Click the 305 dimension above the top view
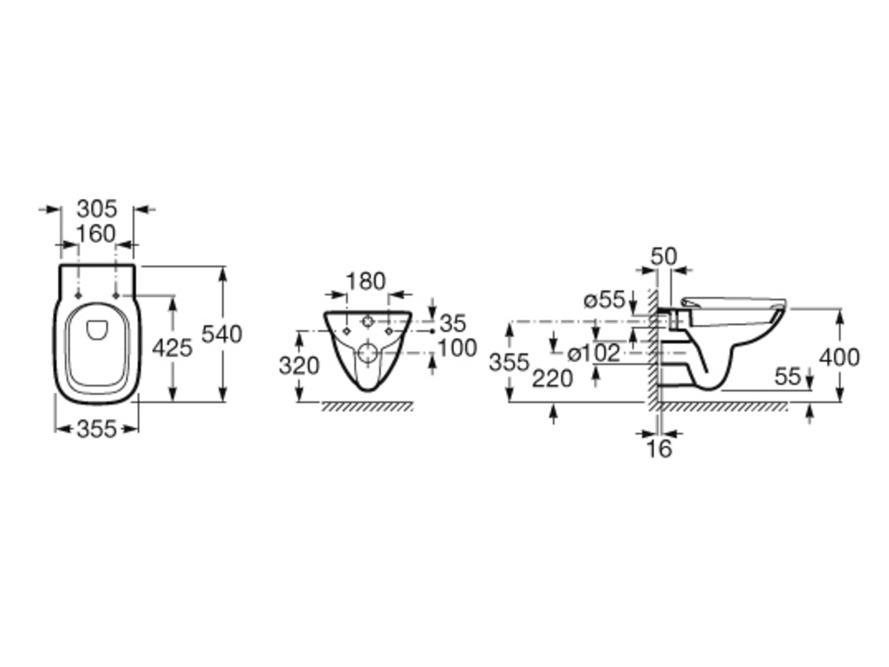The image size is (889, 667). (x=97, y=208)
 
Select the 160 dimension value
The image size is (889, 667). (x=95, y=234)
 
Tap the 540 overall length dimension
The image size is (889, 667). (x=222, y=334)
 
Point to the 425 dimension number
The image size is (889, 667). (x=173, y=347)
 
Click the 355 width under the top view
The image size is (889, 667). (x=97, y=429)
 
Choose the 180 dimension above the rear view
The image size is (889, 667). (x=365, y=281)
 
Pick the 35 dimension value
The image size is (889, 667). (x=453, y=324)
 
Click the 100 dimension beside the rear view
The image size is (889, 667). (x=458, y=347)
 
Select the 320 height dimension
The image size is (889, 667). (x=300, y=366)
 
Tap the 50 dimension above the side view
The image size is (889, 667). (x=663, y=257)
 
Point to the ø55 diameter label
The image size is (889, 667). (x=605, y=300)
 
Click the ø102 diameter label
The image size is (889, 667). (x=594, y=353)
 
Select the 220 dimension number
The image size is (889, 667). (x=552, y=379)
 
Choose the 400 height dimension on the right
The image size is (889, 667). (x=840, y=357)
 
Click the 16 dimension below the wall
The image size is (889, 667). (x=659, y=449)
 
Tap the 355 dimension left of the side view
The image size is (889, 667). (x=509, y=362)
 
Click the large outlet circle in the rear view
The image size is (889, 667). (x=368, y=353)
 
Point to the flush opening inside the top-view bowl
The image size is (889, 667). (x=96, y=330)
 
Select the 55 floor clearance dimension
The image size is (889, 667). (x=787, y=376)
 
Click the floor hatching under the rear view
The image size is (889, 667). (x=367, y=406)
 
